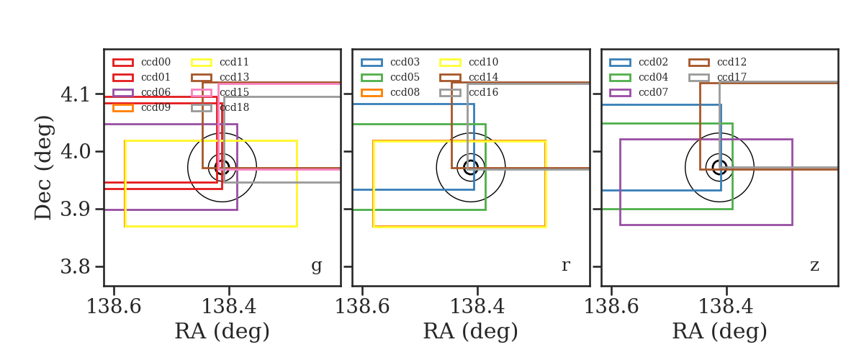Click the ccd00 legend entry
142,62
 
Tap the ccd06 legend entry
142,92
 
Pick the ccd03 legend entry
390,62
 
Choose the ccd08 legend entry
390,92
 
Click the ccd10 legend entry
469,62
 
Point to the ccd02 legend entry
639,62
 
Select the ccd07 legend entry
639,92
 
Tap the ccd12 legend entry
717,62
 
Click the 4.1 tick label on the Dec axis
76,94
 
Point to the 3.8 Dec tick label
76,266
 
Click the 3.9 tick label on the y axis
76,209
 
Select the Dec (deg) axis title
42,168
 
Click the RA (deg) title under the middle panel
471,331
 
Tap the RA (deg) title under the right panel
720,331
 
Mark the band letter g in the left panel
317,266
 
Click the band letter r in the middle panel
565,265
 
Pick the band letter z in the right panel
814,266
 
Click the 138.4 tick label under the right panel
726,307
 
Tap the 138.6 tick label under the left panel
114,307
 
